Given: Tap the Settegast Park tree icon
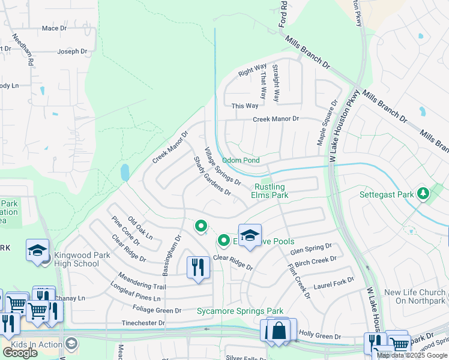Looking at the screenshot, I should tap(424, 193).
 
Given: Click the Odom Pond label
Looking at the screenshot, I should tap(241, 161).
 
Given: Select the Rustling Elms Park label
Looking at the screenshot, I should tap(269, 191).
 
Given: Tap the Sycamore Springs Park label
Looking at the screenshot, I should tap(240, 311).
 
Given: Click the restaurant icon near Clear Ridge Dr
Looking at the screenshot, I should tap(198, 267).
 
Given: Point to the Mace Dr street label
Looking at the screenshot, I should tap(54, 28).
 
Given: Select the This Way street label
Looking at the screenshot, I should tap(244, 106).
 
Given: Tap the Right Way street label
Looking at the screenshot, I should tap(252, 71).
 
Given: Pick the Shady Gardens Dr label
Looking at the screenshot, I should tap(212, 176).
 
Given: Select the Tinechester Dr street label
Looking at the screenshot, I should tap(143, 323).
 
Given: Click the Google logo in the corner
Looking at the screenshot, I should tap(20, 353).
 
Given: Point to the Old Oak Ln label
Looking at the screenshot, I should tap(140, 228).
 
